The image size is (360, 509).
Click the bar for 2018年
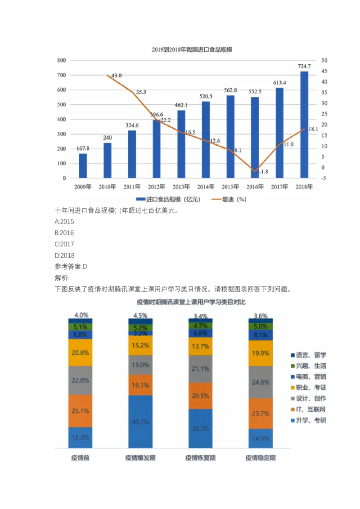coord(304,125)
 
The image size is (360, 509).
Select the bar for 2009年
coord(83,165)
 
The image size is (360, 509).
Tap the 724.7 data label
coord(304,67)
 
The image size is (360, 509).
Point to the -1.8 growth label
coord(264,171)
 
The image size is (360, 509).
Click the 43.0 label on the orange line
coord(117,76)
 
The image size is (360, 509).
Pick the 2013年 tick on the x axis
coord(181,187)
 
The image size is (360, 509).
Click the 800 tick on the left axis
coord(61,60)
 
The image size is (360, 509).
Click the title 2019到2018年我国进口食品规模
coord(193,50)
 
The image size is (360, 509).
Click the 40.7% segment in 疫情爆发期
coord(140,422)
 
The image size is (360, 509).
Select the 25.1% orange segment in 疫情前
coord(80,411)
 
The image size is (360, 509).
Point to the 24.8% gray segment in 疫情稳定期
coord(260,382)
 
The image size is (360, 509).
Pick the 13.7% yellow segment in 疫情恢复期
coord(200,346)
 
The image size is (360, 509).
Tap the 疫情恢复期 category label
coord(200,458)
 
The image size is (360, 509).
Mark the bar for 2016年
coord(255,138)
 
